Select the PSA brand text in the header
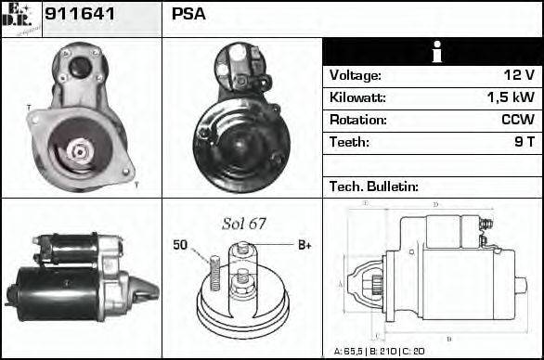point(188,14)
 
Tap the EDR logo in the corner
point(21,18)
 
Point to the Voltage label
point(355,75)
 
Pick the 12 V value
point(518,75)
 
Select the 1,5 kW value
point(510,97)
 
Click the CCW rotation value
point(517,120)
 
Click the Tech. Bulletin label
point(374,186)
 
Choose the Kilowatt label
point(357,97)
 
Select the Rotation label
point(356,120)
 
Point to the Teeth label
point(349,142)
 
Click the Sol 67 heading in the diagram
point(244,224)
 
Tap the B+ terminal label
point(304,245)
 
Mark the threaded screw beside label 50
point(213,272)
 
